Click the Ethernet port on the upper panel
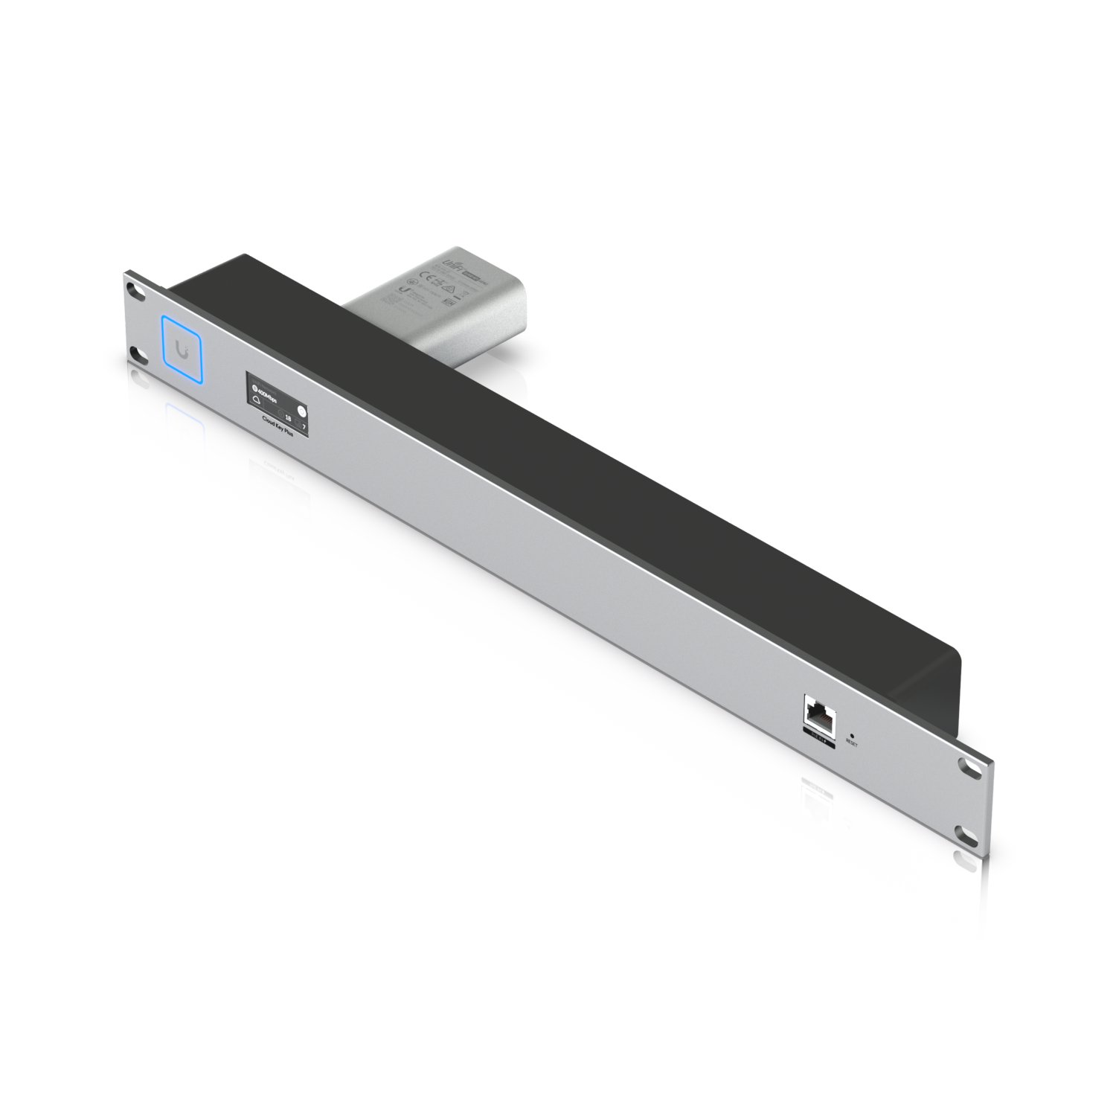[x=819, y=714]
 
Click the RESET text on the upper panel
[x=852, y=743]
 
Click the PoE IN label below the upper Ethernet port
[x=818, y=739]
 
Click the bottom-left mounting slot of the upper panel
[x=135, y=353]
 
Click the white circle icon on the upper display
[x=301, y=411]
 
